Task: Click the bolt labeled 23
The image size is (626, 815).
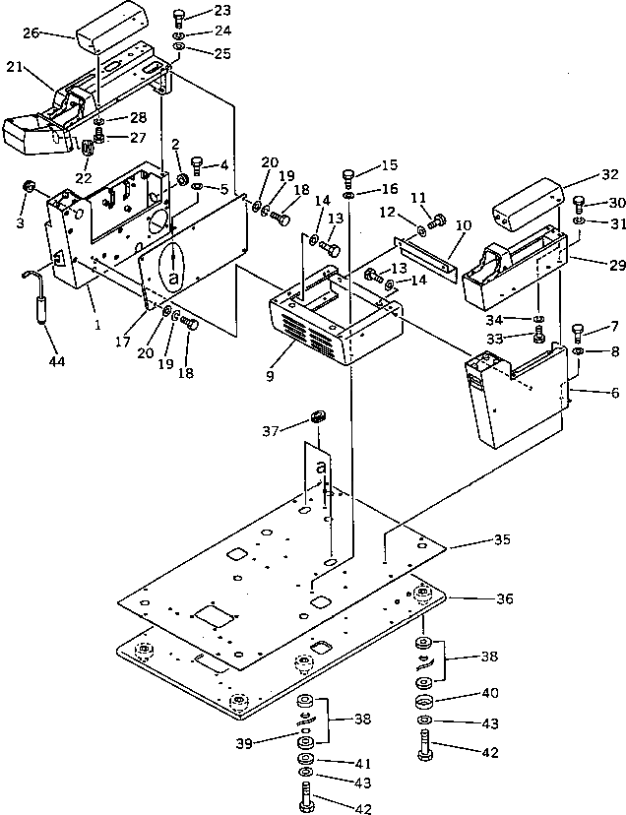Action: (180, 16)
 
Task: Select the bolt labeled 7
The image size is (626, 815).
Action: (579, 331)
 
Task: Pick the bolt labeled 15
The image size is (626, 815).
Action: (349, 176)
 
